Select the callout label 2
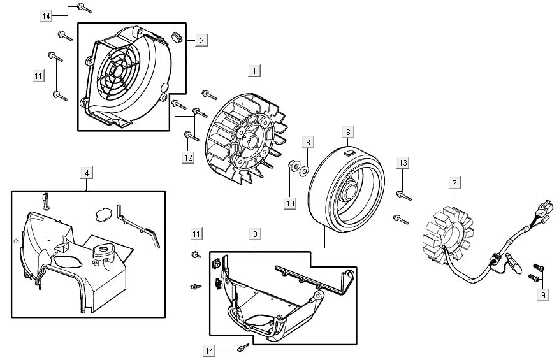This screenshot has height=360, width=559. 201,40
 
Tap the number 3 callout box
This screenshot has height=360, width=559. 255,234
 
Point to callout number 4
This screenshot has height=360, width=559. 87,172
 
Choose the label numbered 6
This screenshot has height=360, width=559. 348,132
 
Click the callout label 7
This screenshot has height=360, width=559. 454,184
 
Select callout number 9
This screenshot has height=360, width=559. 543,295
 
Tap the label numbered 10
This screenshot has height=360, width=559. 290,203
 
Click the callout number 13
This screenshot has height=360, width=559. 402,163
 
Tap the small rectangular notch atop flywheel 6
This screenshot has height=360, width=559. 349,152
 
